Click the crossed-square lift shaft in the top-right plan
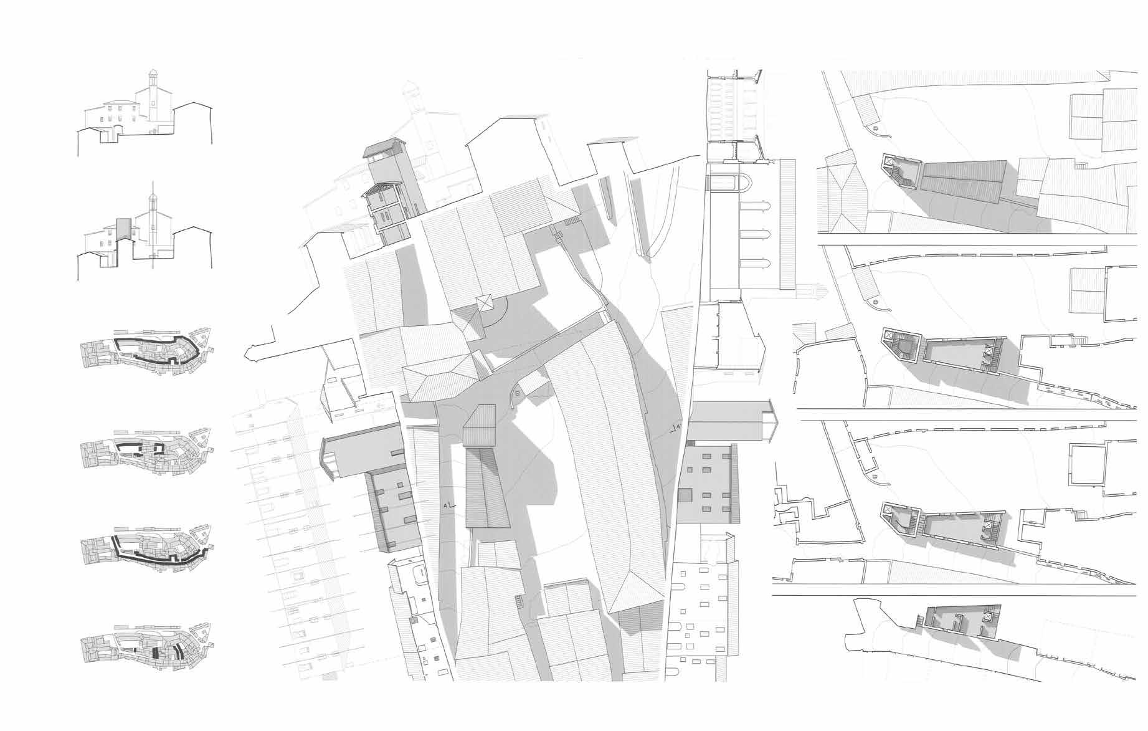[x=888, y=161]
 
